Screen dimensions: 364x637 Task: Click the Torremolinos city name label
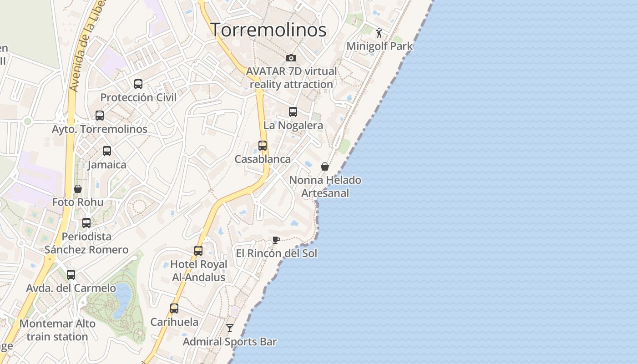268,30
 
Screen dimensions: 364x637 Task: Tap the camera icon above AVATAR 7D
291,58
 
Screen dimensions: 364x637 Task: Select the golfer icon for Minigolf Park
379,32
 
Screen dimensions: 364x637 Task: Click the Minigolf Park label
379,46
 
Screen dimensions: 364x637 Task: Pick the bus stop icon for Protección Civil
138,84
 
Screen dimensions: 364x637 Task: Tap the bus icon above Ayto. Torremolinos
100,116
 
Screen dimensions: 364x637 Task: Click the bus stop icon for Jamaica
107,151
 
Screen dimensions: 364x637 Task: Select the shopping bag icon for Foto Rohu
78,188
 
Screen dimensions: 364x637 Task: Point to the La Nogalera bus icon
293,112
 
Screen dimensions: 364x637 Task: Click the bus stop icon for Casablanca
263,146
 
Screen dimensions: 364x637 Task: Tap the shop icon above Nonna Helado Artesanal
325,167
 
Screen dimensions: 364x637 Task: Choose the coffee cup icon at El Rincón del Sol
276,240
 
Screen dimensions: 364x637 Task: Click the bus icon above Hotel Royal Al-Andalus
198,251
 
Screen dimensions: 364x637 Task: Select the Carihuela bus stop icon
174,308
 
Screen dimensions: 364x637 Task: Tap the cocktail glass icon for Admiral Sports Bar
230,328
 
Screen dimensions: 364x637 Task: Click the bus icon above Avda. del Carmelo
71,275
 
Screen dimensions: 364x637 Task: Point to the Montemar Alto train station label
57,330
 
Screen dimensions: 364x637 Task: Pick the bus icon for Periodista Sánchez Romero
86,223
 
